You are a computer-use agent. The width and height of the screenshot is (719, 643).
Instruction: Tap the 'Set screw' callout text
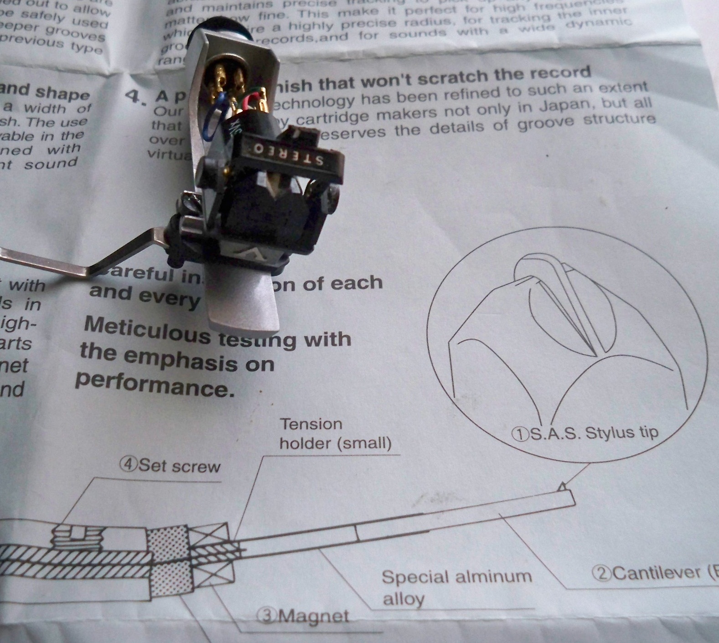coord(170,465)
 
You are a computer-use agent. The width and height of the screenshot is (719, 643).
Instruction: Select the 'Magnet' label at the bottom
coord(304,617)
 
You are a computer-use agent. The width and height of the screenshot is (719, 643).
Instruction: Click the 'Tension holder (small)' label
coord(335,433)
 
